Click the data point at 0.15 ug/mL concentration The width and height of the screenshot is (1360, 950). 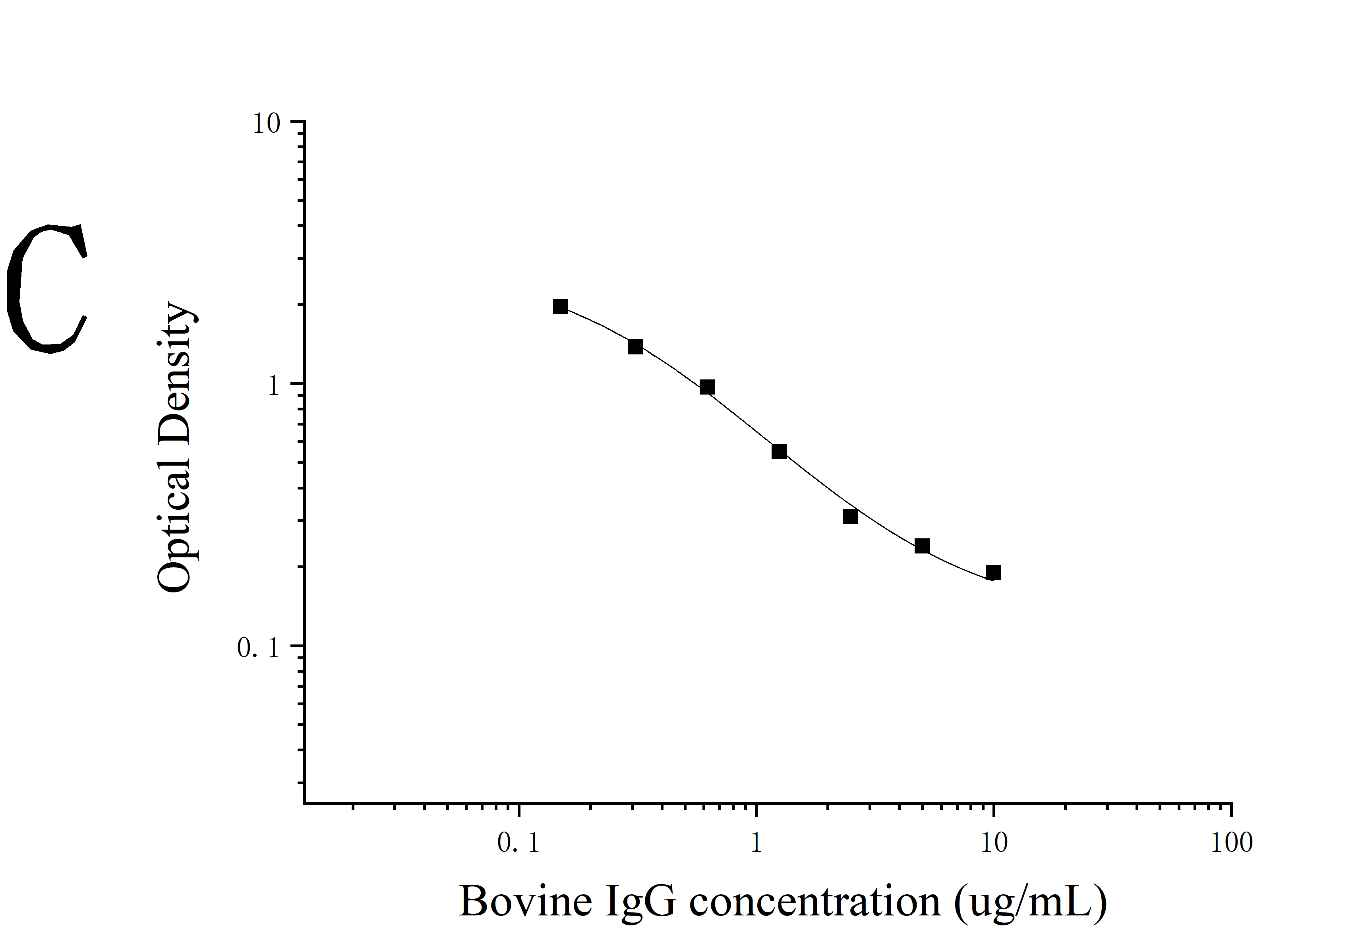pyautogui.click(x=560, y=307)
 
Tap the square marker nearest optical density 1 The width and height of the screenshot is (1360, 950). pyautogui.click(x=707, y=387)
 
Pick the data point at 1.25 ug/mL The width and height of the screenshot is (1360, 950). pyautogui.click(x=779, y=451)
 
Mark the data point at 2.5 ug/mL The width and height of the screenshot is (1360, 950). pyautogui.click(x=851, y=517)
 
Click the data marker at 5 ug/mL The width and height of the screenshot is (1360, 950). pyautogui.click(x=922, y=546)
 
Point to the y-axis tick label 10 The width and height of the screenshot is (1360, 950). pyautogui.click(x=266, y=124)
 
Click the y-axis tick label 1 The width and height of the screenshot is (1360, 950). pyautogui.click(x=273, y=386)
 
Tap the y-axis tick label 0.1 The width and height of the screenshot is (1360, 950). pyautogui.click(x=258, y=648)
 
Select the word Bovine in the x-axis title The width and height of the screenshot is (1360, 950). pyautogui.click(x=525, y=902)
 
